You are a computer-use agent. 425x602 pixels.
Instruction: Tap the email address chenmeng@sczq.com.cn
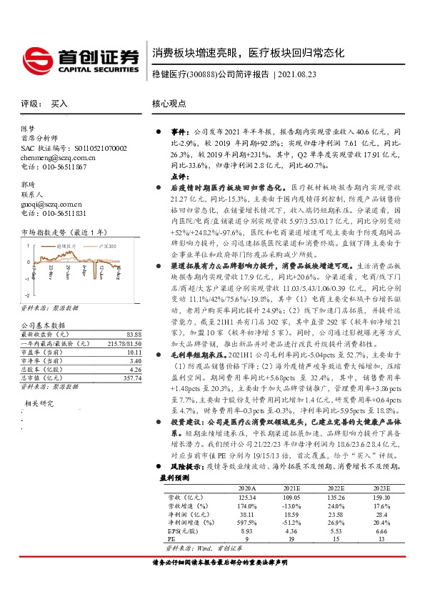[54, 157]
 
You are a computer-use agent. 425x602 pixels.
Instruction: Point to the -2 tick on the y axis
[26, 295]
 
